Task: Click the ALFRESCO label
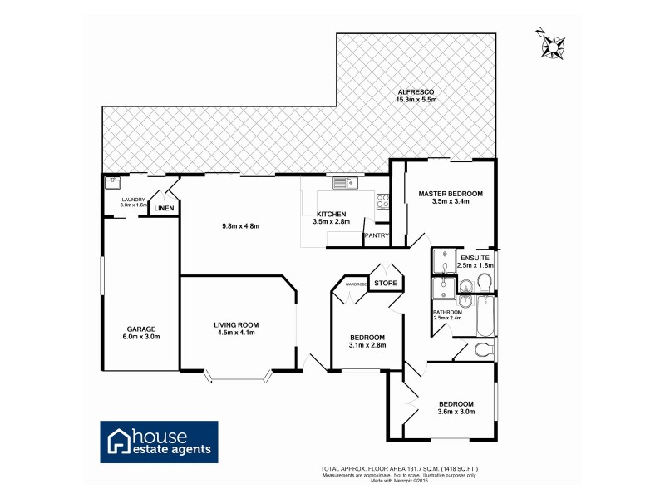(x=416, y=91)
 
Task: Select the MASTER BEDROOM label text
(x=451, y=193)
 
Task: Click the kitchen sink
(x=342, y=182)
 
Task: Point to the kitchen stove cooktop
(x=383, y=200)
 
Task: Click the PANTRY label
(x=377, y=235)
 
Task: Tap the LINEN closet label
(x=164, y=208)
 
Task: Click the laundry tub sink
(x=111, y=181)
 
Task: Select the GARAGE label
(x=141, y=329)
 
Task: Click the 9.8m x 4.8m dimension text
(x=241, y=225)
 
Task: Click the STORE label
(x=385, y=284)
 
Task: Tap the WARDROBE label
(x=356, y=284)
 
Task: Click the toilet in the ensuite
(x=485, y=284)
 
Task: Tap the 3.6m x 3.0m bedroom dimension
(x=456, y=410)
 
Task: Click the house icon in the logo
(x=118, y=442)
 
